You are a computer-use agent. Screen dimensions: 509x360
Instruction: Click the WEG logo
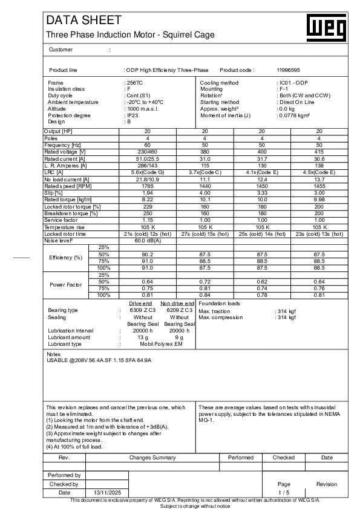coord(330,27)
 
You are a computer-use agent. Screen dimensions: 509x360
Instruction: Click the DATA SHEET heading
coord(76,21)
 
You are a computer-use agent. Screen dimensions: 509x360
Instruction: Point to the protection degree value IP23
coord(131,115)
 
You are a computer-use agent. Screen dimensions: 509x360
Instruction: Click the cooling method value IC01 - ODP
coord(292,82)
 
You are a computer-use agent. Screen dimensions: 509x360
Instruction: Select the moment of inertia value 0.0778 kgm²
coord(293,115)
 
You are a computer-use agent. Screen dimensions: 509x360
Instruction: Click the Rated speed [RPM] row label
coord(63,186)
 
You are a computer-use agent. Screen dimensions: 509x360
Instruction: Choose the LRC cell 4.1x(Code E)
coord(261,172)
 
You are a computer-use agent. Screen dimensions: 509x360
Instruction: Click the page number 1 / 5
coord(284,493)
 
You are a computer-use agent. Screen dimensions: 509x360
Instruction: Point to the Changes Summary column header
coord(152,458)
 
